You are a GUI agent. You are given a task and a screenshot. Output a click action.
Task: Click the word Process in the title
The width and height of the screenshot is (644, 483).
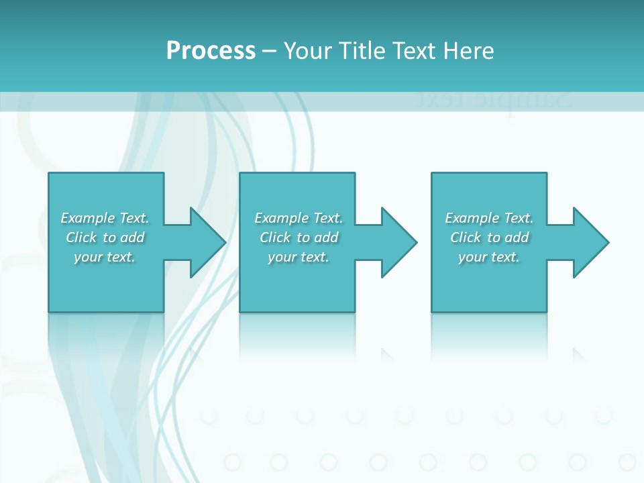211,51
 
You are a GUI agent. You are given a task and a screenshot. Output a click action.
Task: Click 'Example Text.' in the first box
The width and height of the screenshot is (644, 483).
105,218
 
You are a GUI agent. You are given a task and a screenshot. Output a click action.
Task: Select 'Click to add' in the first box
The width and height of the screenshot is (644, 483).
105,237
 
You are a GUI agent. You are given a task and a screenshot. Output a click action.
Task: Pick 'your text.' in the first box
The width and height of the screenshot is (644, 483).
105,257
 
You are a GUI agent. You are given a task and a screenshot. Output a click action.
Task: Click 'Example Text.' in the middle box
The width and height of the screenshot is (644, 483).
299,218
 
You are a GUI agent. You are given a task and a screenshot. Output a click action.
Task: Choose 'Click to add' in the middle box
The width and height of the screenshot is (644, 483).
299,237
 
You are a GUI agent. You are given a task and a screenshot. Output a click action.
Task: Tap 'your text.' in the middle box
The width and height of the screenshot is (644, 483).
299,257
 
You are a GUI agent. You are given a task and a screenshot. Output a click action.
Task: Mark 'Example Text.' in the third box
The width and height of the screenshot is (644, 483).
489,218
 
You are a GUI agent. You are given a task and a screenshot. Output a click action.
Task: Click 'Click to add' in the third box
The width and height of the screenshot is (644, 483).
490,237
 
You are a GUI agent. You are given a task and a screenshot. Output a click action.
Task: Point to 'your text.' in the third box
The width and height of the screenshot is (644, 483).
489,257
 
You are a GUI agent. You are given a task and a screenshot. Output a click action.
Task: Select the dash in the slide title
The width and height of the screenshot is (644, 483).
270,51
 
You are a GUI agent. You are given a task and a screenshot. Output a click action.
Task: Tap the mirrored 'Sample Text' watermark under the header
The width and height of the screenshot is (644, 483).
493,101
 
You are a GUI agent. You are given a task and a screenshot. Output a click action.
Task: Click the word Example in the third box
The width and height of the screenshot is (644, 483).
472,218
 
